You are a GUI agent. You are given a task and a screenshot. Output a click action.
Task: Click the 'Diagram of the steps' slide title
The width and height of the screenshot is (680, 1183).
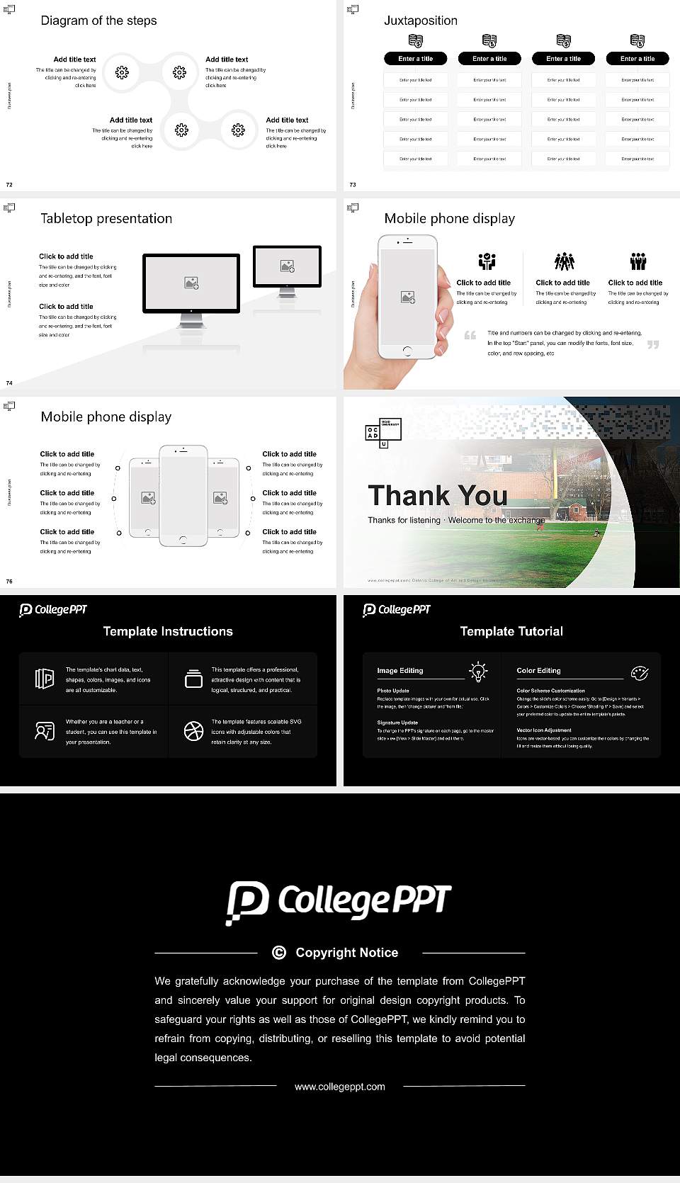coord(98,21)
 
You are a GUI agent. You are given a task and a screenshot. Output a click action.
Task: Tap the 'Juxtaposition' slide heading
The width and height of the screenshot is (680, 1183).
coord(420,21)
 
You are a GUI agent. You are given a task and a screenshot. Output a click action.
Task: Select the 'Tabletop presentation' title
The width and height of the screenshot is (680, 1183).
coord(106,218)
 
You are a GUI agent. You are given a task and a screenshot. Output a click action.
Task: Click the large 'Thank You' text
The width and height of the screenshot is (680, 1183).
coord(438,495)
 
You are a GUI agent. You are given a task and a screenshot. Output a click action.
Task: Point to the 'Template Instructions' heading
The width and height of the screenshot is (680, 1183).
coord(168,631)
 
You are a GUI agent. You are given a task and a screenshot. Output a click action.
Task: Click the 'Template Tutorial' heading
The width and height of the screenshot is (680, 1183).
coord(511,631)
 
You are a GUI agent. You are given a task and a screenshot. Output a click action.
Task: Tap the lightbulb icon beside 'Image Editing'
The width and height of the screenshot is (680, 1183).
coord(479,672)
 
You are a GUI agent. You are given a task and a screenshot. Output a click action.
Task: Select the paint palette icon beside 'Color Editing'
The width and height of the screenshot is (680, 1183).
coord(639,672)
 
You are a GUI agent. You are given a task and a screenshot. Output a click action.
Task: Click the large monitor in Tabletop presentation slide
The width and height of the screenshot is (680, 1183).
coord(191,283)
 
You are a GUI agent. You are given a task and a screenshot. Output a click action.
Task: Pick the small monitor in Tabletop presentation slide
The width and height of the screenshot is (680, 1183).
coord(287,266)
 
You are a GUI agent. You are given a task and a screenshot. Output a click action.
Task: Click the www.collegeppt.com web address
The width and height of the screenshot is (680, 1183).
coord(340,1087)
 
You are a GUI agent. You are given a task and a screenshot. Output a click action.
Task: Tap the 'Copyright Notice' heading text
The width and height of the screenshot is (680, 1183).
coord(347,953)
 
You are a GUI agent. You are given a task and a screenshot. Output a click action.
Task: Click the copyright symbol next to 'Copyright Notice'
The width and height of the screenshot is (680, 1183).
coord(279,953)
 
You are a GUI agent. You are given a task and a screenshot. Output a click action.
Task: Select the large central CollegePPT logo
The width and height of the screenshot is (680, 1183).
coord(339,902)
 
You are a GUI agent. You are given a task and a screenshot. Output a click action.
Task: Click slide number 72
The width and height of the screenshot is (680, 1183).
coord(9,185)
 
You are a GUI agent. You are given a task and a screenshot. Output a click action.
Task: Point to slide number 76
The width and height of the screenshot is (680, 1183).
coord(9,582)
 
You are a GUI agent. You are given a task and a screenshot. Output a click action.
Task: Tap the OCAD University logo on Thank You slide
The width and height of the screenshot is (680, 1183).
coord(382,433)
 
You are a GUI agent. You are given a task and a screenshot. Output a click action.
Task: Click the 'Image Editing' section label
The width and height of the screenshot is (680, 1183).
coord(400,671)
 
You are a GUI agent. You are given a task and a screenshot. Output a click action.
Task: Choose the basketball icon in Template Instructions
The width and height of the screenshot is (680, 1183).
coord(193,731)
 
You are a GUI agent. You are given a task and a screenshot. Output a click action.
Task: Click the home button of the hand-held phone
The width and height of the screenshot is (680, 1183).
coord(407,351)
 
